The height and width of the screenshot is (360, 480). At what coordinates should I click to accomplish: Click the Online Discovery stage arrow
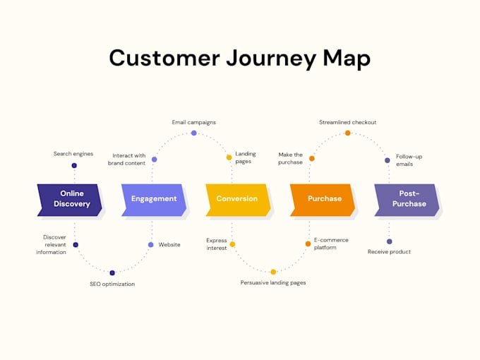click(x=69, y=200)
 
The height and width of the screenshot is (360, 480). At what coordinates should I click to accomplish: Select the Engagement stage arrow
click(x=154, y=200)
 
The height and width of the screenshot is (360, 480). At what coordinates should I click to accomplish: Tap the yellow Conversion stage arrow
click(x=238, y=200)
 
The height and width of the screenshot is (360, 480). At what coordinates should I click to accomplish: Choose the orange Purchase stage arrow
click(x=323, y=200)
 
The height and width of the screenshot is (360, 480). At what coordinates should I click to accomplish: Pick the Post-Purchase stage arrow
click(x=407, y=200)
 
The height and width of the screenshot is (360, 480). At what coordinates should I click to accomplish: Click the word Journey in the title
click(x=271, y=59)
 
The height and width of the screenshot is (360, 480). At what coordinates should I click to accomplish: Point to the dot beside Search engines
click(x=74, y=166)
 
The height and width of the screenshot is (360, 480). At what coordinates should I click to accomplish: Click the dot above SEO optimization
click(x=112, y=272)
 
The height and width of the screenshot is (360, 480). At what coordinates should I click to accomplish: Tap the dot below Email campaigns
click(x=194, y=133)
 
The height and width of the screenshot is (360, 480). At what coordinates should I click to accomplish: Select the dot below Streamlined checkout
click(x=348, y=133)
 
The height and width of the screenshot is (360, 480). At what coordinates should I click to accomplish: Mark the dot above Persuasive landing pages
click(x=273, y=272)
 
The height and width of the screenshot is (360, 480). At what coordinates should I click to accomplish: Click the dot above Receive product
click(x=390, y=241)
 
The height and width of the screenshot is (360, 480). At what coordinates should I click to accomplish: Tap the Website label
click(x=169, y=245)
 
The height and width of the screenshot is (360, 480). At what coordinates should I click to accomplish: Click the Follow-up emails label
click(x=409, y=160)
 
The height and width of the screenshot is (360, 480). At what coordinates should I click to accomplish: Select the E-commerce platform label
click(x=331, y=244)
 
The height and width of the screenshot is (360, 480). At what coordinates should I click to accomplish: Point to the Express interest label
click(x=217, y=244)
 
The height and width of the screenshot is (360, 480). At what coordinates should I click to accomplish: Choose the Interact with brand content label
click(x=127, y=160)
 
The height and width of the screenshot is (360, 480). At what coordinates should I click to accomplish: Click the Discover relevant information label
click(x=51, y=245)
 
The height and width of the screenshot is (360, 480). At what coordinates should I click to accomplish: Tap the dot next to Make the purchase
click(x=311, y=158)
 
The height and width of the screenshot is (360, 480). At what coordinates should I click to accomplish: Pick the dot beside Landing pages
click(x=229, y=157)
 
